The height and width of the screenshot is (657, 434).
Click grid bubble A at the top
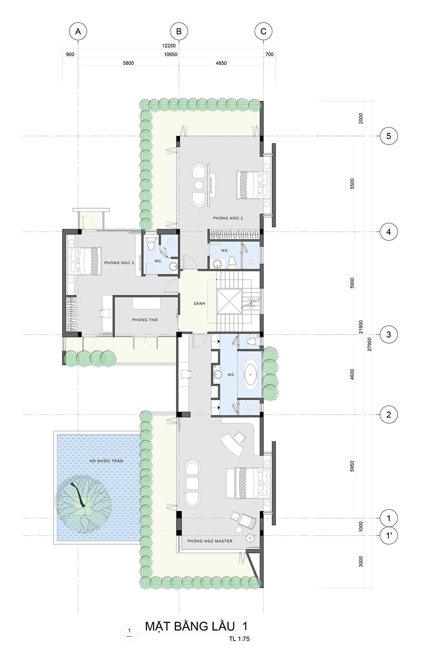coord(78,31)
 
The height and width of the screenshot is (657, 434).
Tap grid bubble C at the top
coord(263,31)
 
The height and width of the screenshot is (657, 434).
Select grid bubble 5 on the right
coord(389,136)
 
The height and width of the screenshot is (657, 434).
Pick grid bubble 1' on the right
coord(389,536)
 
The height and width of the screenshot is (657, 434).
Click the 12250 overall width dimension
coord(169,46)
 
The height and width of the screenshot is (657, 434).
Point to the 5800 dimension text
coord(128,63)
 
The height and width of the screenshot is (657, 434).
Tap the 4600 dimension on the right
coord(353,375)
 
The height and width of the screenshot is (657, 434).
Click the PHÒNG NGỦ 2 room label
coord(228,218)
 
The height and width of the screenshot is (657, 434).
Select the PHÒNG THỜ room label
coord(145,320)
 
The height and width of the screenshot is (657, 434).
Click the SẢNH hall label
coord(199,304)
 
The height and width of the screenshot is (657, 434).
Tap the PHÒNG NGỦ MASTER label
coord(210,541)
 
